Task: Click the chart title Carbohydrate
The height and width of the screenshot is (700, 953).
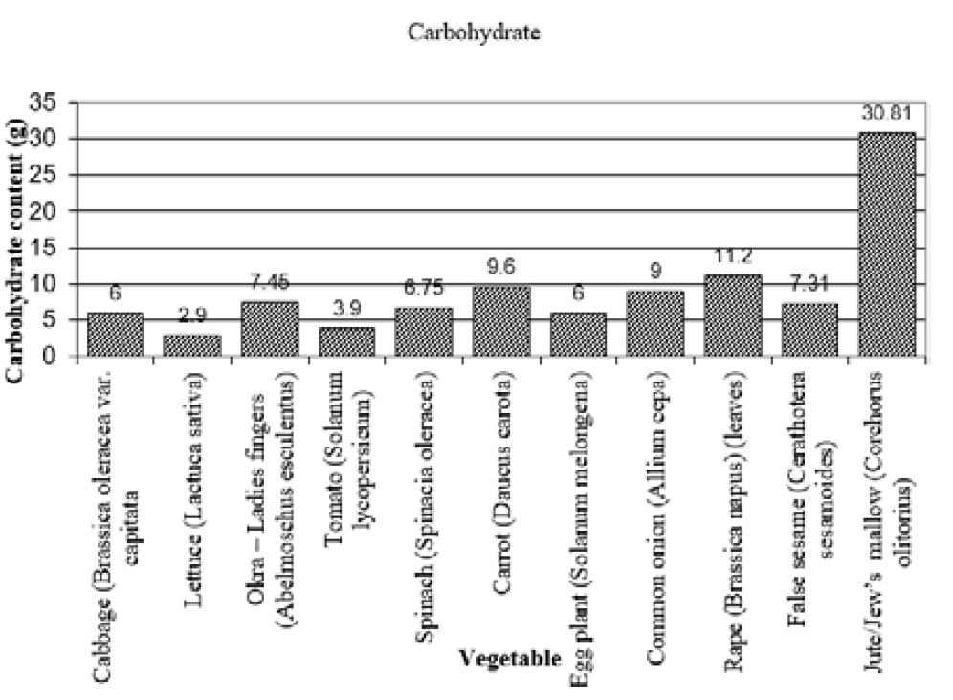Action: click(475, 33)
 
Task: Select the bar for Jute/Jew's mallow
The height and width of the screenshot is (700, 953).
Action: click(886, 244)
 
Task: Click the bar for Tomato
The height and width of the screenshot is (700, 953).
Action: click(345, 341)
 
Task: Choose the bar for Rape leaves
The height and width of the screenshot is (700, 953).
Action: click(732, 316)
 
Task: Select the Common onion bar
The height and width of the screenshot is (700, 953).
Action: click(654, 323)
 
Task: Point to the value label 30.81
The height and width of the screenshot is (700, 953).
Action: click(886, 115)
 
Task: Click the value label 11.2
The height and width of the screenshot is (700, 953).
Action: click(732, 258)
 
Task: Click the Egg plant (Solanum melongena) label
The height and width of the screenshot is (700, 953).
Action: click(579, 516)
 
